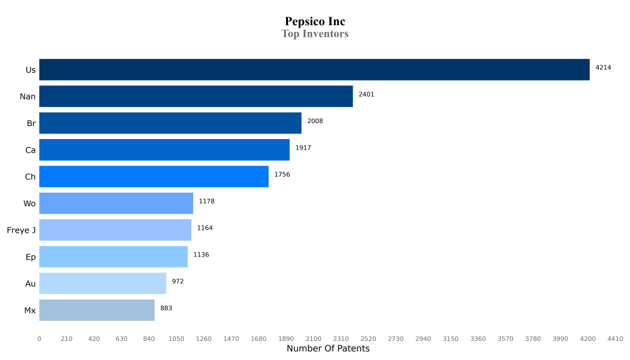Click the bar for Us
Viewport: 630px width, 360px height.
click(314, 70)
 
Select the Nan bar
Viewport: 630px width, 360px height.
click(196, 96)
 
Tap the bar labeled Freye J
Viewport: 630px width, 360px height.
click(115, 230)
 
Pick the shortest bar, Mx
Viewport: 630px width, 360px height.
click(97, 310)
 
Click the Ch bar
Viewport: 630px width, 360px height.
click(154, 177)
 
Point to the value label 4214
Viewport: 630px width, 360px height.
click(603, 68)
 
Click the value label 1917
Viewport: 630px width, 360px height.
click(303, 148)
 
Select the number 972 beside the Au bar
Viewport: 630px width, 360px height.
click(178, 281)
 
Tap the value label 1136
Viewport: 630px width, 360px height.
click(201, 255)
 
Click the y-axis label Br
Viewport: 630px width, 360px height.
click(31, 123)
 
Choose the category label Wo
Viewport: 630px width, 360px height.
click(30, 204)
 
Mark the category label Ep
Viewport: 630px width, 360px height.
click(31, 257)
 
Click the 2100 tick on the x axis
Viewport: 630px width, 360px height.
click(313, 338)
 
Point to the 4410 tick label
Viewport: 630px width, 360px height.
click(615, 338)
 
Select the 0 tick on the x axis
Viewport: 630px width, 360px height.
click(39, 338)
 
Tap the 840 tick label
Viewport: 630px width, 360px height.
click(149, 338)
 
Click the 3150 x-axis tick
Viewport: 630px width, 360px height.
click(451, 338)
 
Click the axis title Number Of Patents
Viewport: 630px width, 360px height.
click(328, 349)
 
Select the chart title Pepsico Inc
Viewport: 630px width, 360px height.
click(315, 22)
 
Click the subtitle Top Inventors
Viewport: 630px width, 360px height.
click(315, 34)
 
